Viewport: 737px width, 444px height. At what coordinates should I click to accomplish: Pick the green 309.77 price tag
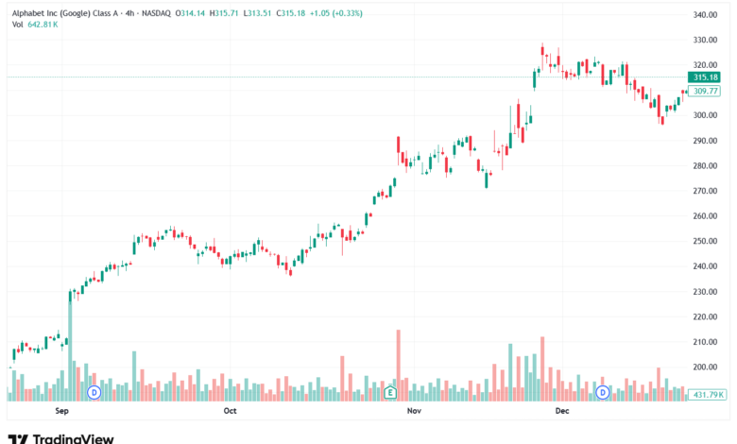tap(706, 91)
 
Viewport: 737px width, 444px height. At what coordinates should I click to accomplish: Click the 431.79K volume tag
tap(707, 394)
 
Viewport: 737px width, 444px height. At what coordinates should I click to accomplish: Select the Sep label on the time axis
tap(63, 412)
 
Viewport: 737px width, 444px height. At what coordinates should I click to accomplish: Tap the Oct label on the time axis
tap(230, 412)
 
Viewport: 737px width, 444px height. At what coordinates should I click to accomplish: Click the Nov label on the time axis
tap(412, 412)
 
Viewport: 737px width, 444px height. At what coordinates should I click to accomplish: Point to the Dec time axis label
tap(561, 412)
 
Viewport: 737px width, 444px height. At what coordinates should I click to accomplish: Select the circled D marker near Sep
tap(94, 391)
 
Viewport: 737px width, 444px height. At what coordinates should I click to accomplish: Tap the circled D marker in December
tap(602, 391)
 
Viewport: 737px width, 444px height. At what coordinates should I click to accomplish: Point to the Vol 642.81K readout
tap(35, 25)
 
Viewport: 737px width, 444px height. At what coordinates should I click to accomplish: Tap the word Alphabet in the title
tap(29, 13)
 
